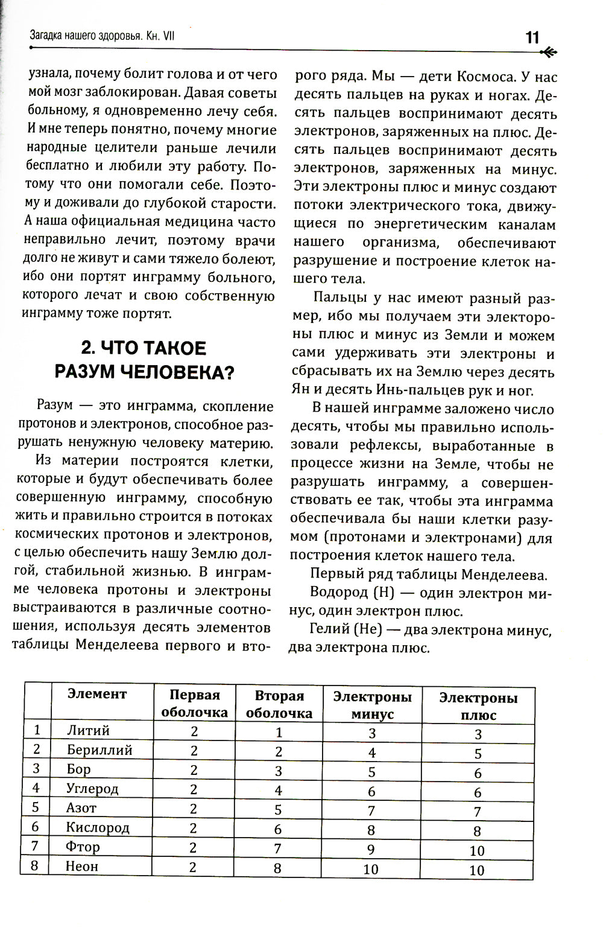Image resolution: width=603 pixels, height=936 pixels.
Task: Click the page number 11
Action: point(532,37)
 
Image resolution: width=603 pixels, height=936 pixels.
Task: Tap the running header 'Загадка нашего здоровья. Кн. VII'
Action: point(103,37)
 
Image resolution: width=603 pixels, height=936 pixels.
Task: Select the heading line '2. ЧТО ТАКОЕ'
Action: point(144,348)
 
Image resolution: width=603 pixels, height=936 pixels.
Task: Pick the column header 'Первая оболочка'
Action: point(194,704)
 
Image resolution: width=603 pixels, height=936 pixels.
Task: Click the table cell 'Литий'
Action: point(88,730)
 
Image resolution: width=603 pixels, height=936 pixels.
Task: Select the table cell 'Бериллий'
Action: point(99,750)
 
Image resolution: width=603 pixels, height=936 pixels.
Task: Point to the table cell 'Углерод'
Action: point(92,788)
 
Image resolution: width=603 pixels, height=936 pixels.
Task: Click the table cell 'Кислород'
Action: point(98,827)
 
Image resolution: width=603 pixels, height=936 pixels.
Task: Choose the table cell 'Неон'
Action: point(82,866)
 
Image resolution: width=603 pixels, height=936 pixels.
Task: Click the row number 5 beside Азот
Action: point(36,807)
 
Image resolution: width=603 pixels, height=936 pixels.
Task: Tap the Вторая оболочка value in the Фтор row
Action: point(278,848)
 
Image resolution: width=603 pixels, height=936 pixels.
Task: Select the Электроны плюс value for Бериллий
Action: point(478,754)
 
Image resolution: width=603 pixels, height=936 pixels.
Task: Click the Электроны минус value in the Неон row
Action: point(371,869)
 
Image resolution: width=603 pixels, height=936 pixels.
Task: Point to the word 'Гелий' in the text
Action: point(329,629)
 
